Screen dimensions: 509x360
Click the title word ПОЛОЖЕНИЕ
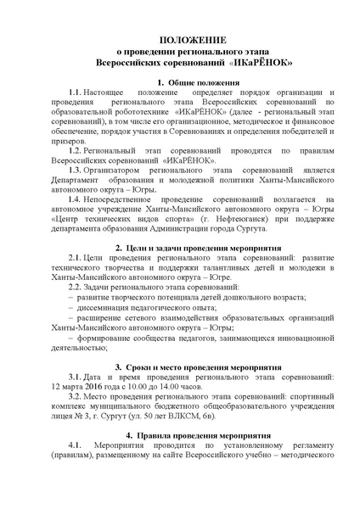point(181,40)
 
